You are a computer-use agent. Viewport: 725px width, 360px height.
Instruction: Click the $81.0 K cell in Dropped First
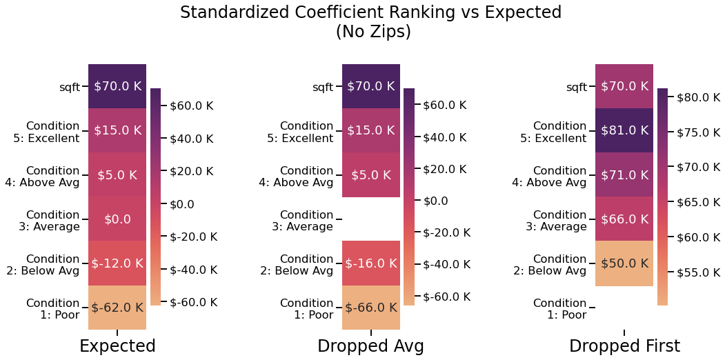[624, 130]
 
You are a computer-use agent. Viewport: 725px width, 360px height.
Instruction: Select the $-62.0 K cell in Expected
[117, 308]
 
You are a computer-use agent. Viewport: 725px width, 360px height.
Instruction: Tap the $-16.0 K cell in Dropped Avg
[371, 263]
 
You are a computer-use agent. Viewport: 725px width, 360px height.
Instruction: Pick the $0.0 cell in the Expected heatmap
[117, 219]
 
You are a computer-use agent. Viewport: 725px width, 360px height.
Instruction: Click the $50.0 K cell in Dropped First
[624, 263]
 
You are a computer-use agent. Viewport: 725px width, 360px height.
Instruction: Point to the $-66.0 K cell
[371, 308]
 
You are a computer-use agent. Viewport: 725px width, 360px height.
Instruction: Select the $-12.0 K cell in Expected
[117, 263]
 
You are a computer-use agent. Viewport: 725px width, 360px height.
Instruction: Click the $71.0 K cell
[624, 175]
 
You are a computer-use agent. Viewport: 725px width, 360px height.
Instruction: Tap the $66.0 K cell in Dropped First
[624, 219]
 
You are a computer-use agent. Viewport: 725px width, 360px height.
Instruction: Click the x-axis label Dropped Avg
[370, 346]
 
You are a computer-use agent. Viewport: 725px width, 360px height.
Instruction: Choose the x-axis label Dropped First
[624, 346]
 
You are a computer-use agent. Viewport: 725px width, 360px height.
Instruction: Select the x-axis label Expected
[117, 346]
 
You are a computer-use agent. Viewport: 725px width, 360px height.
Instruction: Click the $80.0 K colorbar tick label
[699, 97]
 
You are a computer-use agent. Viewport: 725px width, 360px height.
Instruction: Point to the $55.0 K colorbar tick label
[699, 272]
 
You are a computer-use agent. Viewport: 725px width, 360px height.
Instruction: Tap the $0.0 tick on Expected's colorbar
[182, 204]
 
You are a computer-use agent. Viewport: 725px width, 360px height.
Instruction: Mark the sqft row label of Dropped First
[576, 87]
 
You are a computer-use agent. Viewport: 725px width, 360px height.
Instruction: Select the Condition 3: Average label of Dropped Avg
[306, 221]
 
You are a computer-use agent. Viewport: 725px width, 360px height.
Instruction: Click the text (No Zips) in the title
[373, 32]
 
